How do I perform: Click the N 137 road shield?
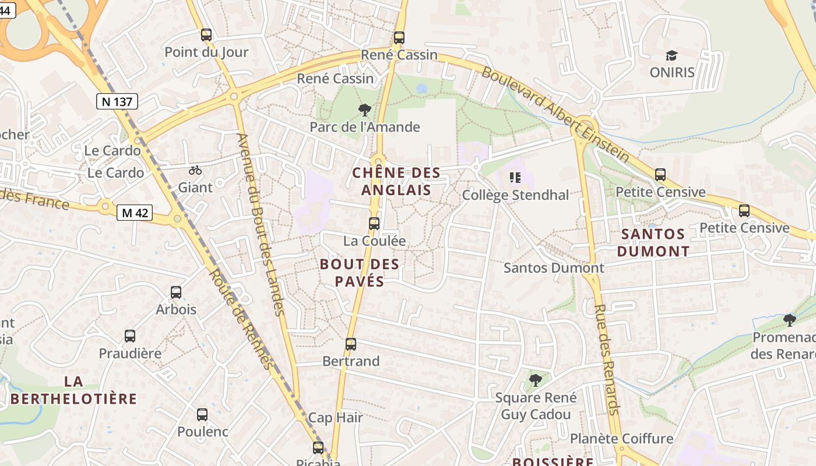tap(117, 102)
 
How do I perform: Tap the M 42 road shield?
tap(134, 213)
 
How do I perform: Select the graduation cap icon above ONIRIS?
tap(672, 56)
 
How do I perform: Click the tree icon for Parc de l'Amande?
tap(365, 110)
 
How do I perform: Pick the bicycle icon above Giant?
tap(195, 171)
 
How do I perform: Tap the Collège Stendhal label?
tap(515, 195)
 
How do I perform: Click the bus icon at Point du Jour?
tap(206, 35)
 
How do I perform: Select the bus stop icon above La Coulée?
tap(374, 224)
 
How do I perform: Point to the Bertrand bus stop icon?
tap(350, 344)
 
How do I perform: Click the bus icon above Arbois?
tap(176, 292)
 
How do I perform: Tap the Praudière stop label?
tap(130, 354)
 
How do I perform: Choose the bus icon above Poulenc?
tap(202, 415)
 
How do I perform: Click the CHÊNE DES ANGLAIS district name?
tap(396, 181)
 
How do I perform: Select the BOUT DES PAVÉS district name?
tap(360, 273)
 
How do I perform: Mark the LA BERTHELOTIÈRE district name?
tap(73, 390)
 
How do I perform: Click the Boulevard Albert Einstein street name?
tap(555, 114)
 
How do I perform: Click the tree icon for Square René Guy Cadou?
tap(535, 381)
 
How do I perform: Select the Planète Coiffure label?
tap(621, 439)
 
